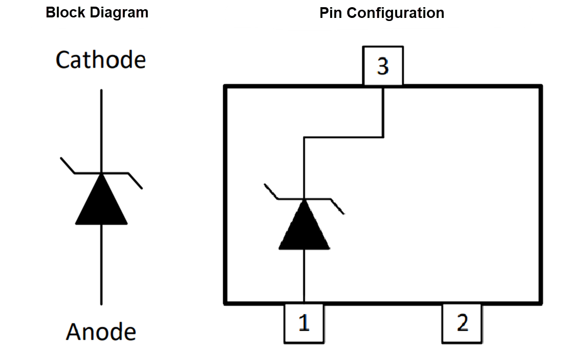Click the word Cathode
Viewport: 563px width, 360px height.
pos(100,60)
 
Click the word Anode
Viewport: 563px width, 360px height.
pos(101,332)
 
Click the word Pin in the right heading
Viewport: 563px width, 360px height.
pos(330,13)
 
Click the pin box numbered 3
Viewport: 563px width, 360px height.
pos(383,66)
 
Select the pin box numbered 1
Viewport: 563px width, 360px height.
pos(304,323)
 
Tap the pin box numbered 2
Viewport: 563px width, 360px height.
pos(462,323)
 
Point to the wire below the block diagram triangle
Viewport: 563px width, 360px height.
pos(101,264)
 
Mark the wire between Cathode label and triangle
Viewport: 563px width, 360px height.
pos(101,131)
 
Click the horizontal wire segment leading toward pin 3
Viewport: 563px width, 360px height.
pos(343,137)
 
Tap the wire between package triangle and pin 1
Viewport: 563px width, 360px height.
pos(304,277)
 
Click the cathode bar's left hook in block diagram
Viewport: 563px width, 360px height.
pos(68,165)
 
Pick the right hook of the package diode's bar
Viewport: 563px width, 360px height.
pos(338,207)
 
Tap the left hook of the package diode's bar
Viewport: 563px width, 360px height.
pos(271,191)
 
